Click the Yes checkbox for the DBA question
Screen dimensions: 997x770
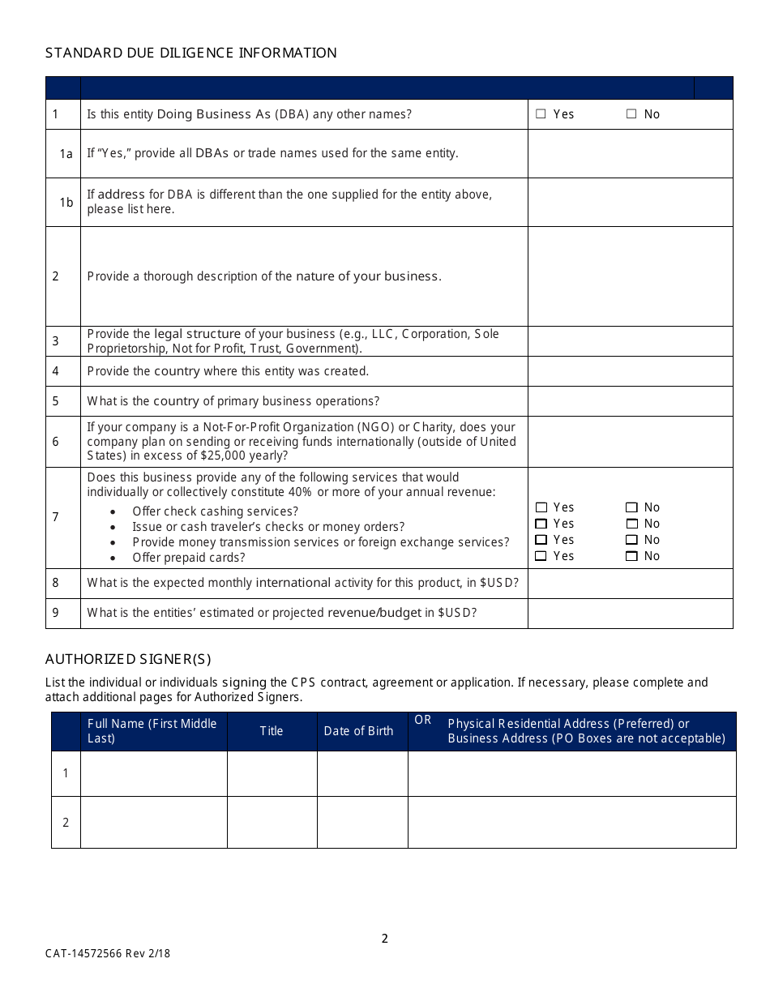(x=541, y=114)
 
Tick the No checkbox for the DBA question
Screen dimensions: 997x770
(x=631, y=114)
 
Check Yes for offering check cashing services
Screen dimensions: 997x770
(x=541, y=507)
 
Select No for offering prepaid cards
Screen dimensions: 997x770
(x=631, y=556)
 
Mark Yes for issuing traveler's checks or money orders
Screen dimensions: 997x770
(x=541, y=524)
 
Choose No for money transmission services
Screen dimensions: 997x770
(x=631, y=540)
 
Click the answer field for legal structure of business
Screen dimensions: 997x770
(x=630, y=341)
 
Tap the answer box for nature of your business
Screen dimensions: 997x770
(x=630, y=276)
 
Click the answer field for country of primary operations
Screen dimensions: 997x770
(x=630, y=401)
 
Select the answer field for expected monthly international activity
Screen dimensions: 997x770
(x=630, y=584)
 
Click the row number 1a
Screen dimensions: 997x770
(x=66, y=153)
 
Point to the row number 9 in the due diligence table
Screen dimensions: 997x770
(x=56, y=613)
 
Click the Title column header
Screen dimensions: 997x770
(x=272, y=731)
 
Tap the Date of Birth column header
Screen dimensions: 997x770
(x=358, y=731)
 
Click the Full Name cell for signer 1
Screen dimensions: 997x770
(x=153, y=773)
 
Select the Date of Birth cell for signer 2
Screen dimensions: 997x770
(x=362, y=822)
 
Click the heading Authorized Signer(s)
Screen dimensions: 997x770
(x=128, y=659)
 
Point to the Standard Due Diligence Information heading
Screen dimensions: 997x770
(x=191, y=53)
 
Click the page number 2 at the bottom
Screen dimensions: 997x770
(x=385, y=939)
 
